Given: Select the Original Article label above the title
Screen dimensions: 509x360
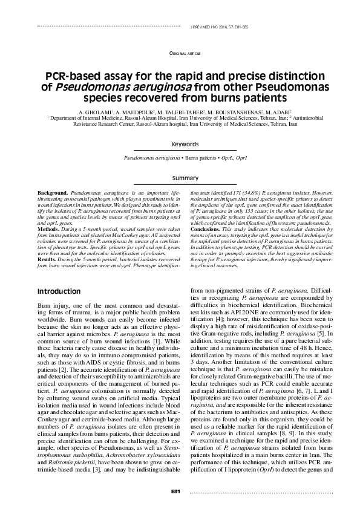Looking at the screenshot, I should tap(185, 54).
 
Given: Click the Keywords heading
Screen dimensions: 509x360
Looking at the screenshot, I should tap(185, 145).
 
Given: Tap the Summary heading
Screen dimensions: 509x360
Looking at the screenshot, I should tap(185, 179).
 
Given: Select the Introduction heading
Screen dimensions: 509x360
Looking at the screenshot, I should tap(59, 291).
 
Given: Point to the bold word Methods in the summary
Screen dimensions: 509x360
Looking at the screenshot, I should tap(48, 230).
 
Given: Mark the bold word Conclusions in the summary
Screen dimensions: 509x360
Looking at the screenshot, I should tap(209, 230).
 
